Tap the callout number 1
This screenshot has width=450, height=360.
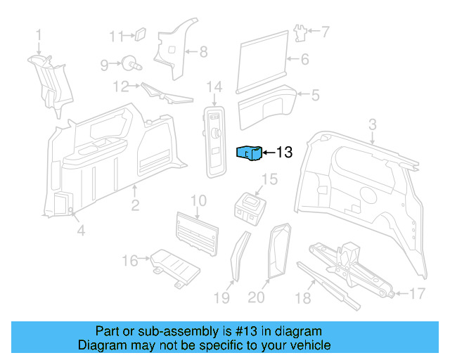pos(39,34)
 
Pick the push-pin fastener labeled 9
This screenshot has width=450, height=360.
pos(130,63)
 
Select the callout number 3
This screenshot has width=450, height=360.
pos(372,124)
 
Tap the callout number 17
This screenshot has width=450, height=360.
pos(418,293)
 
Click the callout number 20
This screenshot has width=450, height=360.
pos(257,298)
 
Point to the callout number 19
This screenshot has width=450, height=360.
pos(221,298)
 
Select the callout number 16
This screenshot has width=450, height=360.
pos(129,261)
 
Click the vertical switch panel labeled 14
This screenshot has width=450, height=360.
pos(214,139)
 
